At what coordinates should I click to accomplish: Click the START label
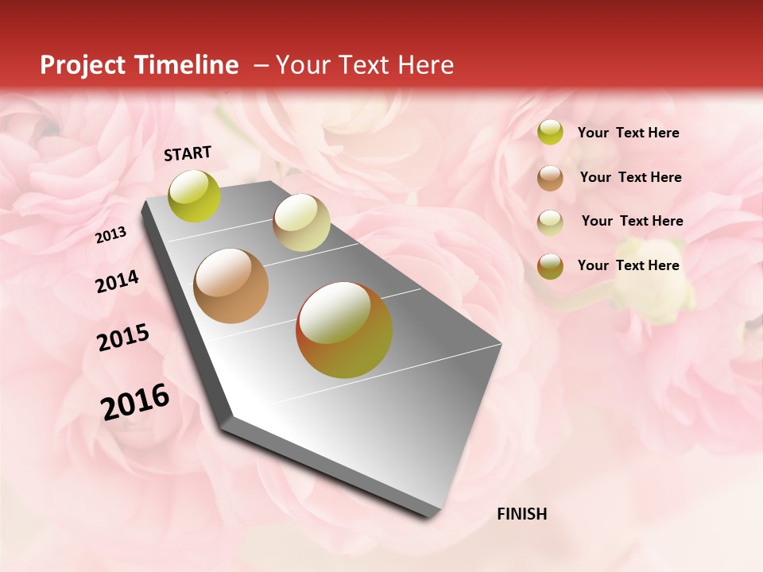(188, 153)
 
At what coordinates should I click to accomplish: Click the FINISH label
(521, 514)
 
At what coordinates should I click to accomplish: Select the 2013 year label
(110, 235)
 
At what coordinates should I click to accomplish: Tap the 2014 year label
(117, 281)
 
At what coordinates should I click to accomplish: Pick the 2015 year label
(123, 338)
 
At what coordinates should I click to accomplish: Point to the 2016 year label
(135, 402)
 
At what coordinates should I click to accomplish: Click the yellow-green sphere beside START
(195, 195)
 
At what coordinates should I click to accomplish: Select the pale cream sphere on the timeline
(301, 222)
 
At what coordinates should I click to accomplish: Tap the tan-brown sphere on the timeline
(231, 286)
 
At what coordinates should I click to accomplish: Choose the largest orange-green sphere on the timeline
(344, 330)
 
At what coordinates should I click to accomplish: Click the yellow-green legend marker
(550, 132)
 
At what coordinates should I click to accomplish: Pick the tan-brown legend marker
(550, 178)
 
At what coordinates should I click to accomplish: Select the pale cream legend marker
(550, 222)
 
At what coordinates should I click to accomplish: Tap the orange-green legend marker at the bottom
(550, 266)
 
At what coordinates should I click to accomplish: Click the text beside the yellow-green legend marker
(628, 133)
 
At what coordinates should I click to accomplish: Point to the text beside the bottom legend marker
(628, 265)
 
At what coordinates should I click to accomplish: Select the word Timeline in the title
(187, 65)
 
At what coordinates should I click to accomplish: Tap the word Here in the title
(424, 65)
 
